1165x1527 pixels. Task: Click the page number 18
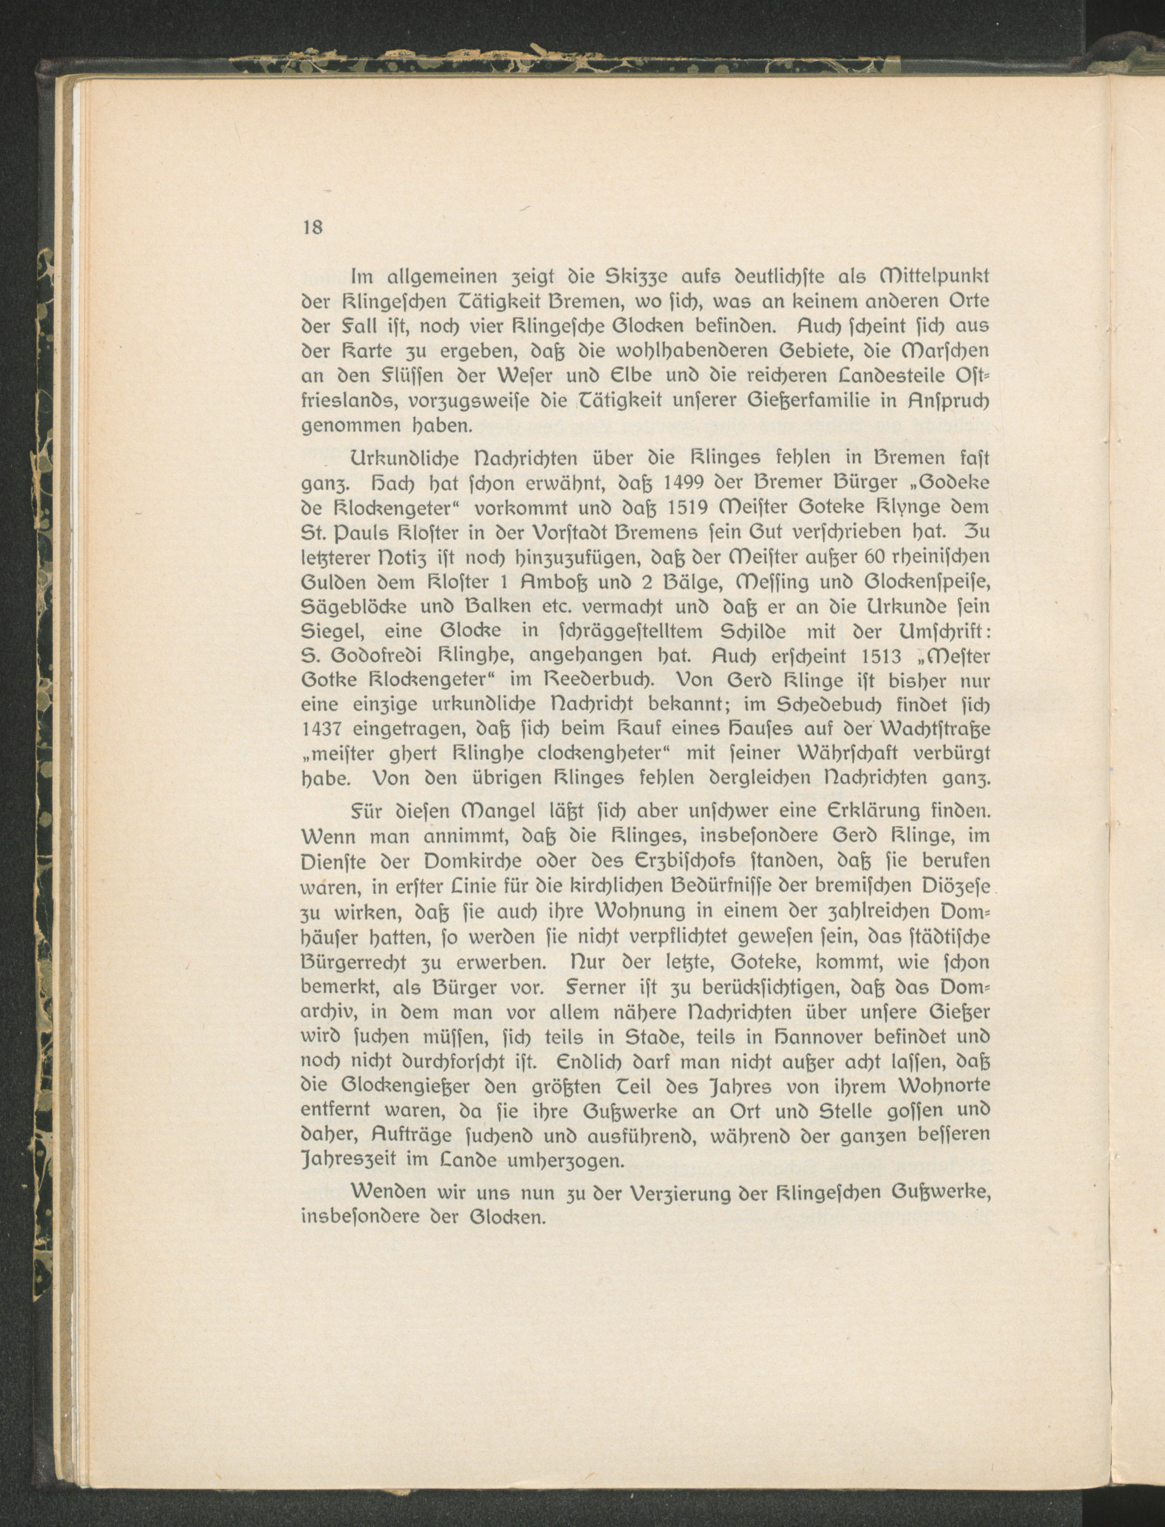pyautogui.click(x=313, y=227)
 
